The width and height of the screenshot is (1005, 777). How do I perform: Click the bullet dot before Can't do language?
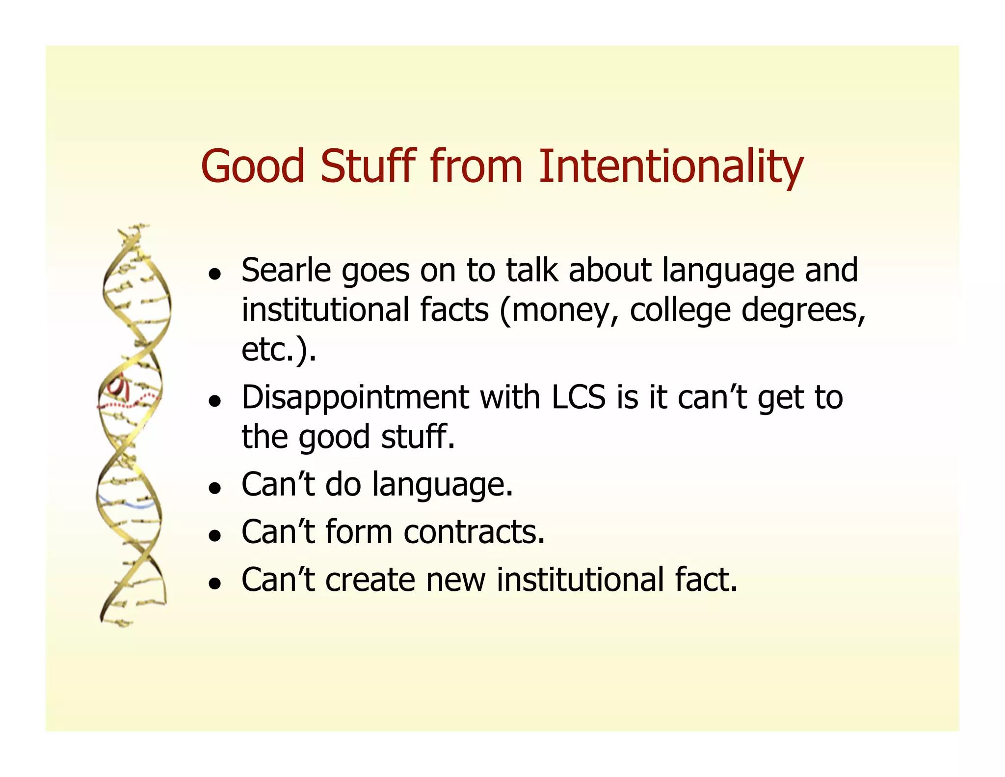pyautogui.click(x=214, y=488)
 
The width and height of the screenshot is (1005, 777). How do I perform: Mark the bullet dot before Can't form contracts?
pyautogui.click(x=214, y=536)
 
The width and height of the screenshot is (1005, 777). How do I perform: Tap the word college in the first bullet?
pyautogui.click(x=680, y=310)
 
